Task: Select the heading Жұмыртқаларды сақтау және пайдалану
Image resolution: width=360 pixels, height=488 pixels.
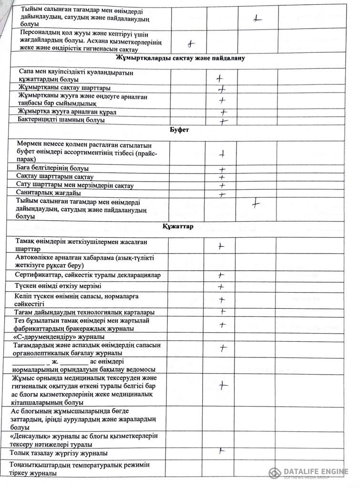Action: pos(180,59)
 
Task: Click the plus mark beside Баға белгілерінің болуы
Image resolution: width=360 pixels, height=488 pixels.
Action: pos(222,169)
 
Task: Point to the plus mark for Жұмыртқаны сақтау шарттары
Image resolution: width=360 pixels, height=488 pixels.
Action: pos(221,89)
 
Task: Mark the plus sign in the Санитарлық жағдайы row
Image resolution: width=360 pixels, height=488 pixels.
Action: pos(222,194)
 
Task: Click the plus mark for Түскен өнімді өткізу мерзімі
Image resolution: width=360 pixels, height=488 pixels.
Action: pos(221,287)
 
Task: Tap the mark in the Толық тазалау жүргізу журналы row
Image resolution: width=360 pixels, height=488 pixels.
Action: pos(221,450)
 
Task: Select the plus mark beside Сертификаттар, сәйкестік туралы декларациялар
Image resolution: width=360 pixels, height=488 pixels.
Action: pos(221,275)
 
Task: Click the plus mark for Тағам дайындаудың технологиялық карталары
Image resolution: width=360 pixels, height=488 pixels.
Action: pos(222,311)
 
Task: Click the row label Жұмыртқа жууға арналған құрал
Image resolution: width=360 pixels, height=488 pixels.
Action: pos(67,112)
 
